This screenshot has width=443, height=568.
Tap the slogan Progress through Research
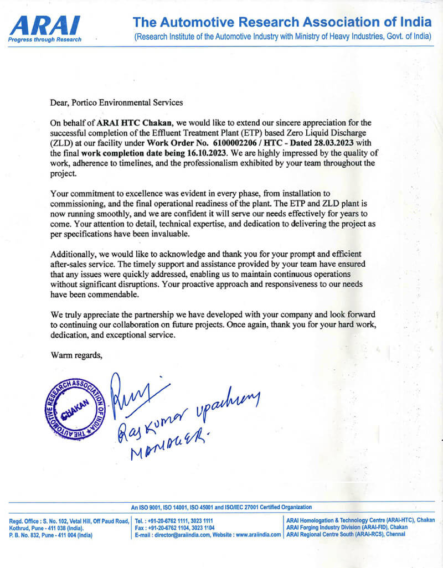pyautogui.click(x=45, y=39)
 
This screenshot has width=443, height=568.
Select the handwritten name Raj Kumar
pyautogui.click(x=150, y=426)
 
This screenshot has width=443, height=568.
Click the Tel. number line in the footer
pyautogui.click(x=174, y=521)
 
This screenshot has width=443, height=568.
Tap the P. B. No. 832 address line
pyautogui.click(x=51, y=535)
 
